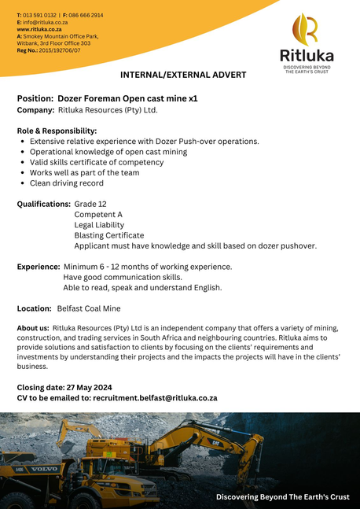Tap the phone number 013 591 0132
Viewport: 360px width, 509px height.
pyautogui.click(x=40, y=15)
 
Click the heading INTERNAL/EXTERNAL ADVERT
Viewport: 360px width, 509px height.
pyautogui.click(x=182, y=75)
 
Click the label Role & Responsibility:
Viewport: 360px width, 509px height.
pyautogui.click(x=57, y=131)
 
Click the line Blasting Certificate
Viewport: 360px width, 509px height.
pyautogui.click(x=108, y=235)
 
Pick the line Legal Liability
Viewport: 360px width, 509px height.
pyautogui.click(x=99, y=225)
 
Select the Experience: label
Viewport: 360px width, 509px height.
pyautogui.click(x=39, y=267)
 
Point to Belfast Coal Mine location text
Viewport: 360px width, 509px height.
pyautogui.click(x=88, y=308)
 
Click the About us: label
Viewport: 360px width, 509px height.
pyautogui.click(x=33, y=327)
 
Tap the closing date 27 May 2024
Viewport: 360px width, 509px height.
pyautogui.click(x=87, y=387)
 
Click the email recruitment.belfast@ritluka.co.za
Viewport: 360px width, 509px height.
pyautogui.click(x=155, y=398)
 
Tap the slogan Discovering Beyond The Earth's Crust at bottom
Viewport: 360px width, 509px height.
pyautogui.click(x=282, y=497)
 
